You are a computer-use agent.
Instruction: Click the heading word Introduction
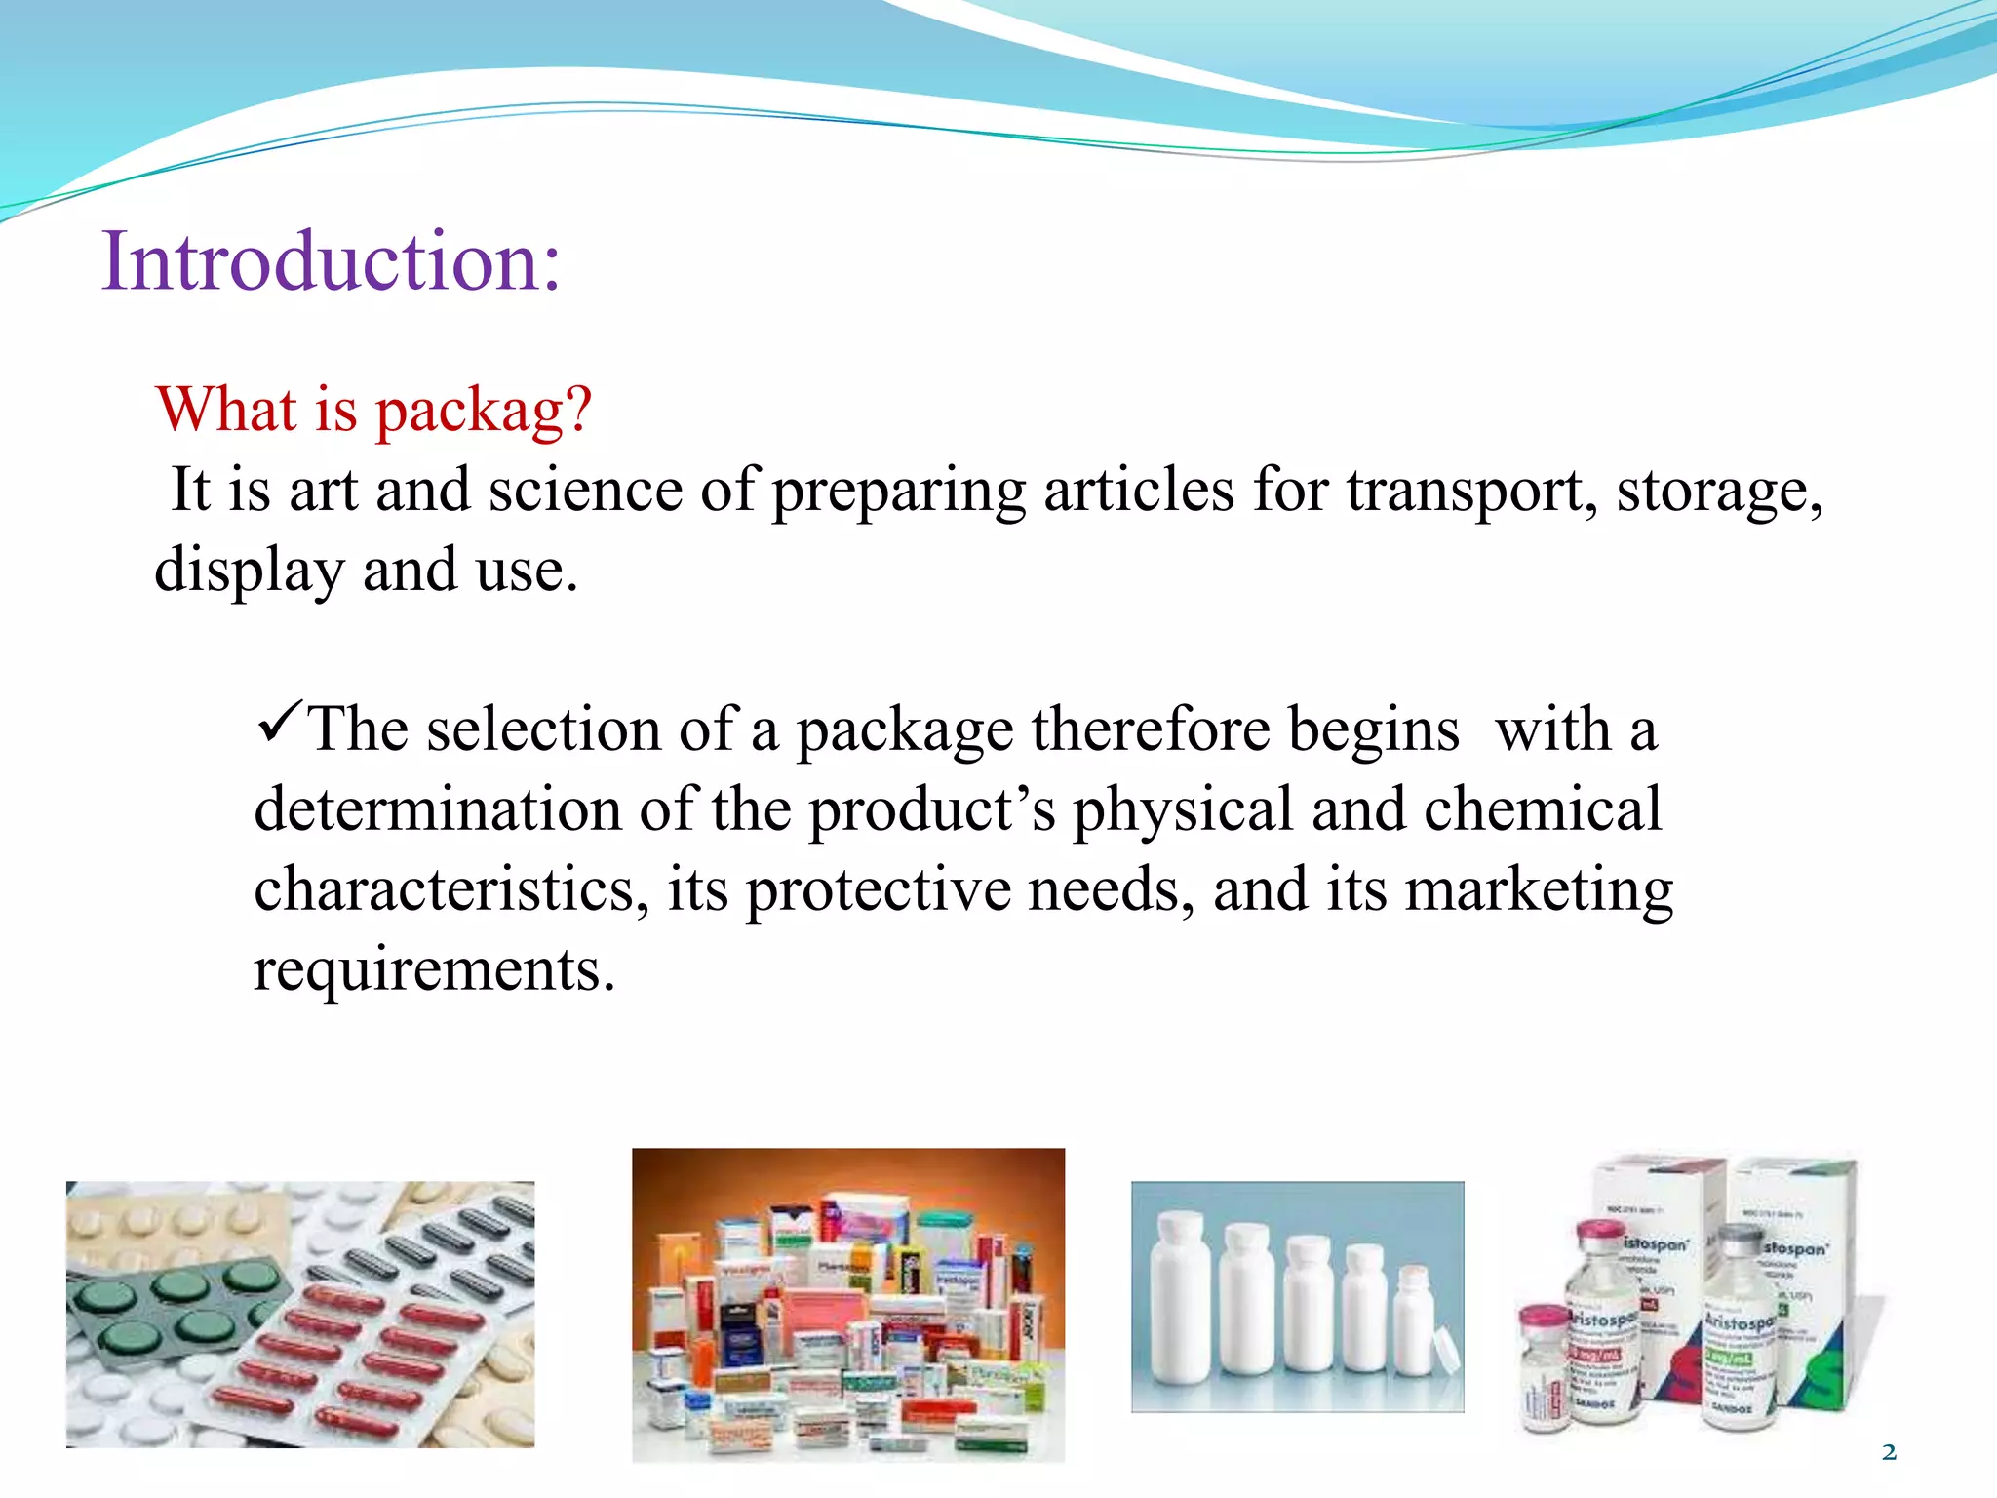[332, 261]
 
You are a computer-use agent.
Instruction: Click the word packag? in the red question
[484, 410]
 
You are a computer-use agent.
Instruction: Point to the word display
[249, 571]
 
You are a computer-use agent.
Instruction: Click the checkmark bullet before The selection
[280, 724]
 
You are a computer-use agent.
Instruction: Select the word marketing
[1540, 889]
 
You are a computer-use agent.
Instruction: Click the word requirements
[434, 969]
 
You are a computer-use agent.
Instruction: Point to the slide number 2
[1889, 1452]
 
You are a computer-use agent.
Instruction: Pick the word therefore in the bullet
[1150, 729]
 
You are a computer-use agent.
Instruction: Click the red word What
[226, 410]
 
